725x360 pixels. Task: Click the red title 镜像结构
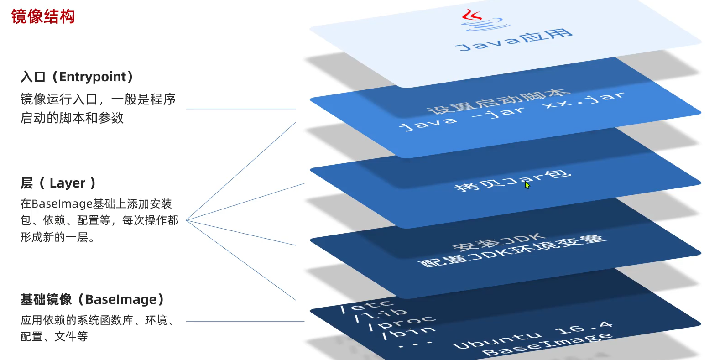pyautogui.click(x=43, y=16)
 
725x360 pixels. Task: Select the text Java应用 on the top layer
pyautogui.click(x=514, y=40)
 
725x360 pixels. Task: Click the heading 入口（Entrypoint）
pyautogui.click(x=77, y=77)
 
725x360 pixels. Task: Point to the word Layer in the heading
pyautogui.click(x=68, y=183)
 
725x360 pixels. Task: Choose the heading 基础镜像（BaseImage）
pyautogui.click(x=92, y=299)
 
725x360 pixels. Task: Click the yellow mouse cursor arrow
pyautogui.click(x=527, y=185)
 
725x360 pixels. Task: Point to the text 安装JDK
pyautogui.click(x=500, y=241)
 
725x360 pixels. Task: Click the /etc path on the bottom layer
pyautogui.click(x=367, y=306)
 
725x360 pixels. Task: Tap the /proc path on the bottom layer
pyautogui.click(x=402, y=323)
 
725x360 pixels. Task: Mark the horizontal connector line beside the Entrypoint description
pyautogui.click(x=241, y=109)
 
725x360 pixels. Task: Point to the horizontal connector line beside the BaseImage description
pyautogui.click(x=245, y=322)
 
